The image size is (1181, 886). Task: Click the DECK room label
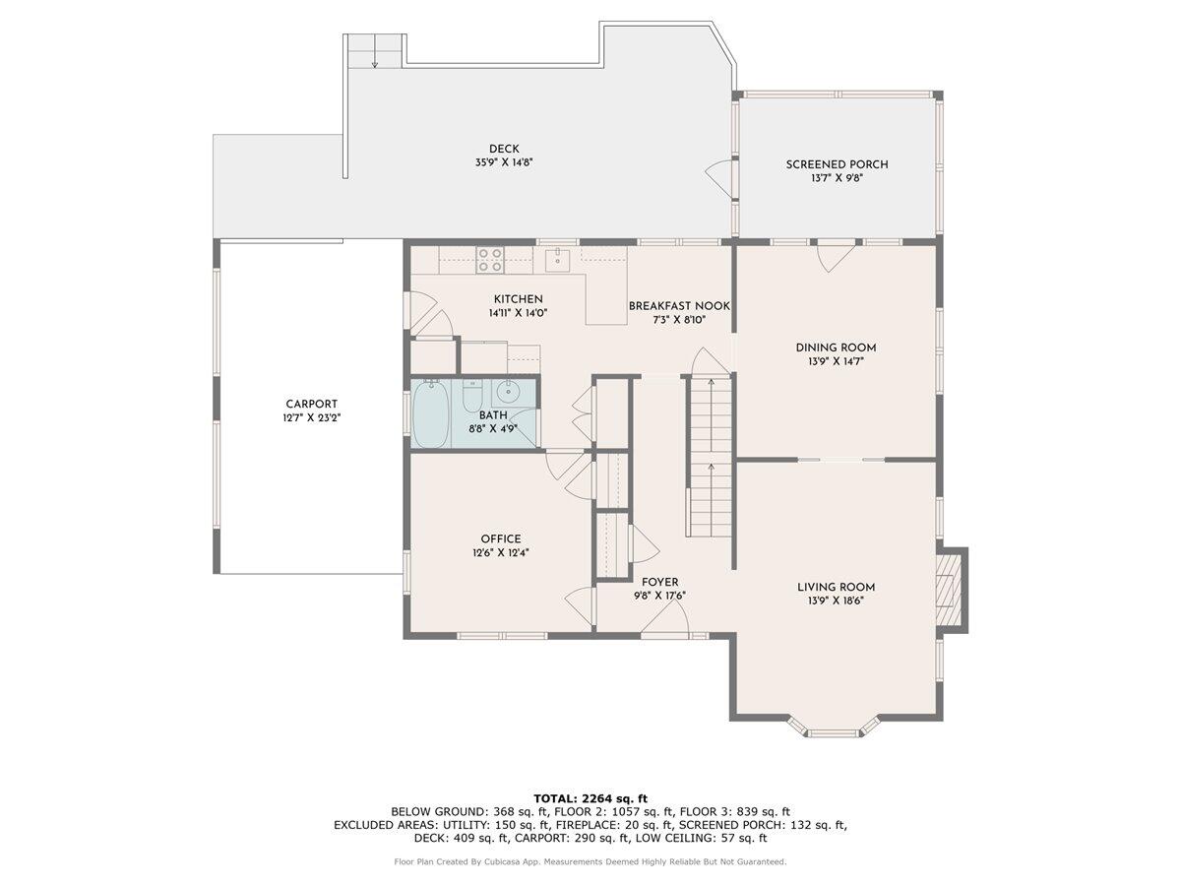pos(504,149)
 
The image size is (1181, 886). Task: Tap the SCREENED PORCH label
pos(837,164)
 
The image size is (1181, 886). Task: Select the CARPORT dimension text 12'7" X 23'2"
pos(312,418)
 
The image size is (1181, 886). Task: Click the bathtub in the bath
pos(430,413)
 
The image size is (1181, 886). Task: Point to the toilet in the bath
pos(472,395)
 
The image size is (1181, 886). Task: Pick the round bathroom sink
pos(506,393)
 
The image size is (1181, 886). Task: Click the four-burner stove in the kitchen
pos(490,259)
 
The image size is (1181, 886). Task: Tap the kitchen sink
pos(557,260)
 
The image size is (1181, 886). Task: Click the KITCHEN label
pos(518,299)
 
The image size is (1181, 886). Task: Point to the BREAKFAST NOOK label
pos(679,306)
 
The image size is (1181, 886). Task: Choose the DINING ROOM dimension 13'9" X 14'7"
pos(836,361)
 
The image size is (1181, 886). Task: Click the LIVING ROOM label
pos(836,587)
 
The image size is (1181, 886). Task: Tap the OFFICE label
pos(500,538)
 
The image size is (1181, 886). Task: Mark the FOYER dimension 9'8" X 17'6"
pos(659,596)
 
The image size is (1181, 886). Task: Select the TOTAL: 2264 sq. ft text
pos(590,798)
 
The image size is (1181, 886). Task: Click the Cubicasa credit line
pos(590,861)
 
